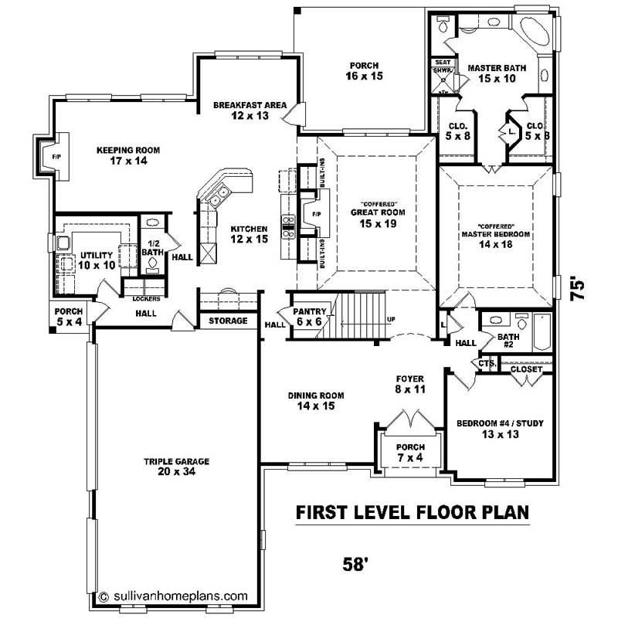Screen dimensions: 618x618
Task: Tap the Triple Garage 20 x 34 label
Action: tap(176, 466)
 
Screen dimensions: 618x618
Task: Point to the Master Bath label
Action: tap(497, 73)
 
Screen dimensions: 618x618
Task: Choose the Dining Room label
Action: tap(316, 400)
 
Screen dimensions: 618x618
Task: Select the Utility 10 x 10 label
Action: tap(96, 260)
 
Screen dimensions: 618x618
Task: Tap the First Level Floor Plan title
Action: tap(413, 512)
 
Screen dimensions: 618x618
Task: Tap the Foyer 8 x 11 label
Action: tap(409, 384)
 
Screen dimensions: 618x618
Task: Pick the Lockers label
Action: tap(146, 297)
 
